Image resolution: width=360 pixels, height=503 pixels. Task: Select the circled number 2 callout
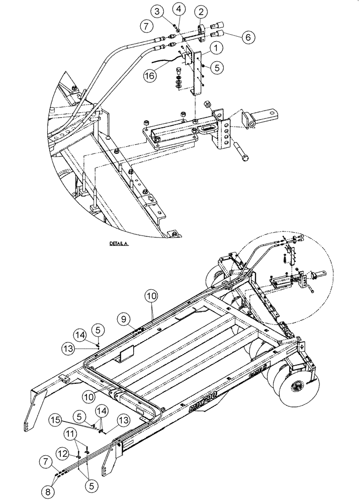click(201, 12)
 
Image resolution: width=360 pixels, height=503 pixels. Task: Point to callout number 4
click(180, 8)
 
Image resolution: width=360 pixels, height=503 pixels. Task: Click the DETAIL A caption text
click(119, 243)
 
